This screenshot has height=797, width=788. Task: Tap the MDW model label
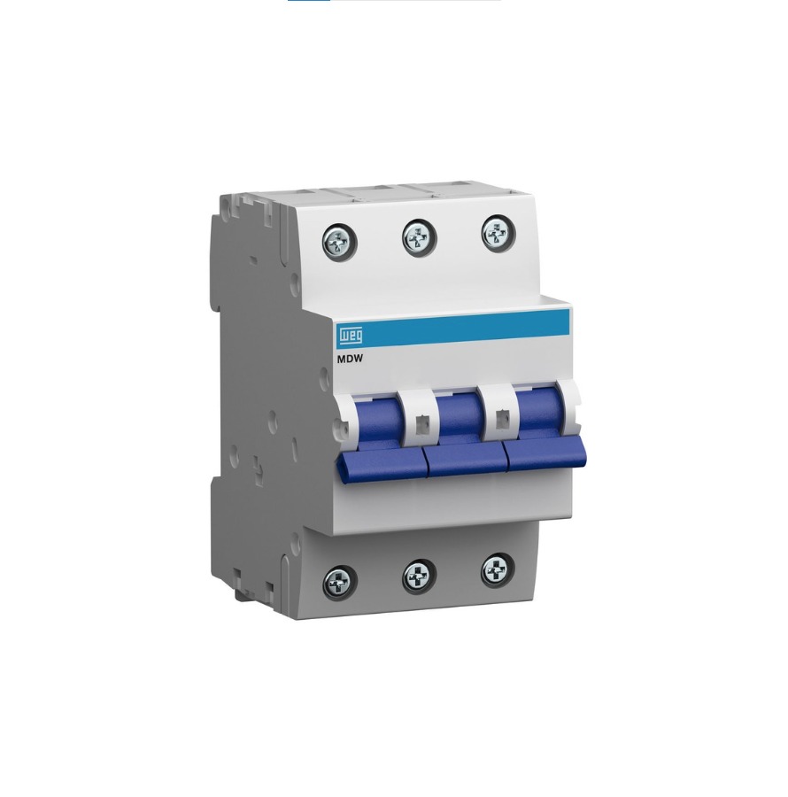[350, 359]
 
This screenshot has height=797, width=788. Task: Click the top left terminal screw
[339, 241]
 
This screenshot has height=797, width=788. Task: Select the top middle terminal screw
[420, 236]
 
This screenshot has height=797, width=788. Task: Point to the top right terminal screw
[498, 232]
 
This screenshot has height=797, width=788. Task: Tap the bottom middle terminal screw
[419, 576]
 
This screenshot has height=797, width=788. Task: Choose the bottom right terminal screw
[498, 571]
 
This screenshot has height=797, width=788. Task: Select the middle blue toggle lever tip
[467, 460]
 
